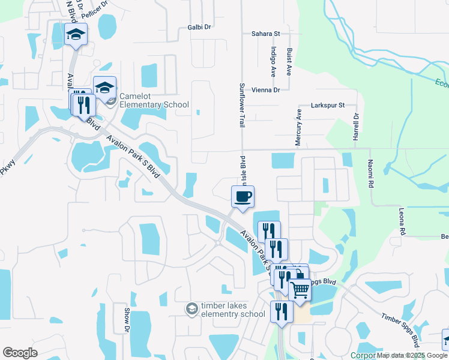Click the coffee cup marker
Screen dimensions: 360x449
tap(243, 197)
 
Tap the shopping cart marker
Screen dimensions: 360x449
tap(300, 290)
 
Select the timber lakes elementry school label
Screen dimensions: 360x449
tap(232, 310)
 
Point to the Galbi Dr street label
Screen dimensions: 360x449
tap(199, 27)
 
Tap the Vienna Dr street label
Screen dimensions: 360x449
tap(266, 90)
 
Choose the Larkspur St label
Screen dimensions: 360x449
tap(327, 105)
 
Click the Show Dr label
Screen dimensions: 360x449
tap(127, 320)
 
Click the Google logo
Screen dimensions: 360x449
tap(20, 353)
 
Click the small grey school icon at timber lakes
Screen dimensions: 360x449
tap(191, 308)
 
